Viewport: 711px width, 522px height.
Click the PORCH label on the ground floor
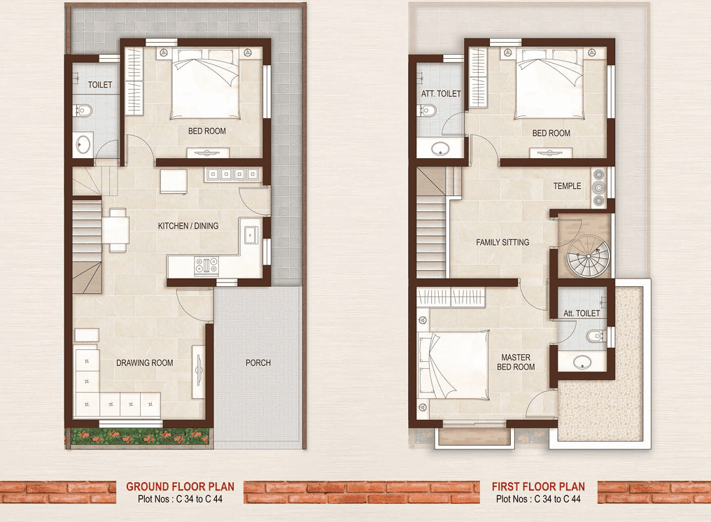click(258, 363)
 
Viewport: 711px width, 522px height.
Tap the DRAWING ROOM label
click(145, 363)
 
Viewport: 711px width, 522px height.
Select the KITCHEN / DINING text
click(188, 226)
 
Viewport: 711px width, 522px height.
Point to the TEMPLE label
click(567, 186)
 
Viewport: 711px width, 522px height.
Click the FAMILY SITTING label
click(502, 243)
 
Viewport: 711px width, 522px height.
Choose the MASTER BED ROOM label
click(516, 362)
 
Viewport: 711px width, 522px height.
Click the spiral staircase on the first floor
click(588, 256)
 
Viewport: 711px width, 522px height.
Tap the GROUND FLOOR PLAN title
click(180, 486)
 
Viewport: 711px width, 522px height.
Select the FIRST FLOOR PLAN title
click(538, 486)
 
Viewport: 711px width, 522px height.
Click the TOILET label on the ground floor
click(100, 85)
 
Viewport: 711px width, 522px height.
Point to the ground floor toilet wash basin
click(83, 145)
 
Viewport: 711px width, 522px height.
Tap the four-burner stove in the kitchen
click(206, 266)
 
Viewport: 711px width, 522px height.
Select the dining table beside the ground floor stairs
click(115, 230)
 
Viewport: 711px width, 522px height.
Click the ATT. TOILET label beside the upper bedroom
click(441, 94)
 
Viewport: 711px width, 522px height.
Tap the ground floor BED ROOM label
click(206, 131)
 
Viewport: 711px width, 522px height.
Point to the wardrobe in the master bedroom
click(451, 297)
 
